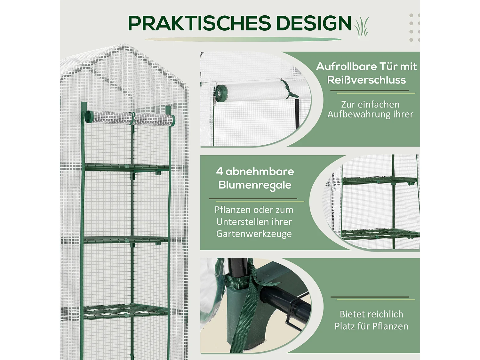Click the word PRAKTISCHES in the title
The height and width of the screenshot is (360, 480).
[x=199, y=23]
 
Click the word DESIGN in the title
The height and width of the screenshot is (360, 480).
[x=313, y=23]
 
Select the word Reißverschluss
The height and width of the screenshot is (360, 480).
[x=366, y=80]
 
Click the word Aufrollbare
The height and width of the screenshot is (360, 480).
[x=342, y=67]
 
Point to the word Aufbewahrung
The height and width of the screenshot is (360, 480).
[x=358, y=114]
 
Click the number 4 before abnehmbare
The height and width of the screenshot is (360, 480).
[x=219, y=171]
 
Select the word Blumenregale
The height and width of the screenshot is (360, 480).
[x=255, y=185]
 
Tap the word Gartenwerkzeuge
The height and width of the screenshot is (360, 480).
[x=254, y=234]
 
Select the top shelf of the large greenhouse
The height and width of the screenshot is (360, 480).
[x=126, y=167]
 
